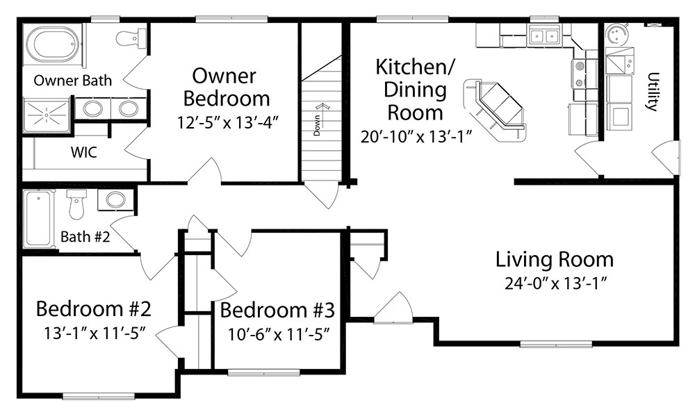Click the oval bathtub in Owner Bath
53,44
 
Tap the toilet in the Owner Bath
131,38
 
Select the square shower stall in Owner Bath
46,115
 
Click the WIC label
84,152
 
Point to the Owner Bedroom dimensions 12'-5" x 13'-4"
228,122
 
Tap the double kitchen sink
543,35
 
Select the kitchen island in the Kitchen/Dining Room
495,110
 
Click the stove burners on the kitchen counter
578,74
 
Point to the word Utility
653,91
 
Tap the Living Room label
555,260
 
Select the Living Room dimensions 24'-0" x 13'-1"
555,283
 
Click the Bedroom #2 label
94,308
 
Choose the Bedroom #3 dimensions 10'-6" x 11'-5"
279,334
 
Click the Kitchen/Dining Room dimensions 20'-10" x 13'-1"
416,136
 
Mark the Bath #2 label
85,236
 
